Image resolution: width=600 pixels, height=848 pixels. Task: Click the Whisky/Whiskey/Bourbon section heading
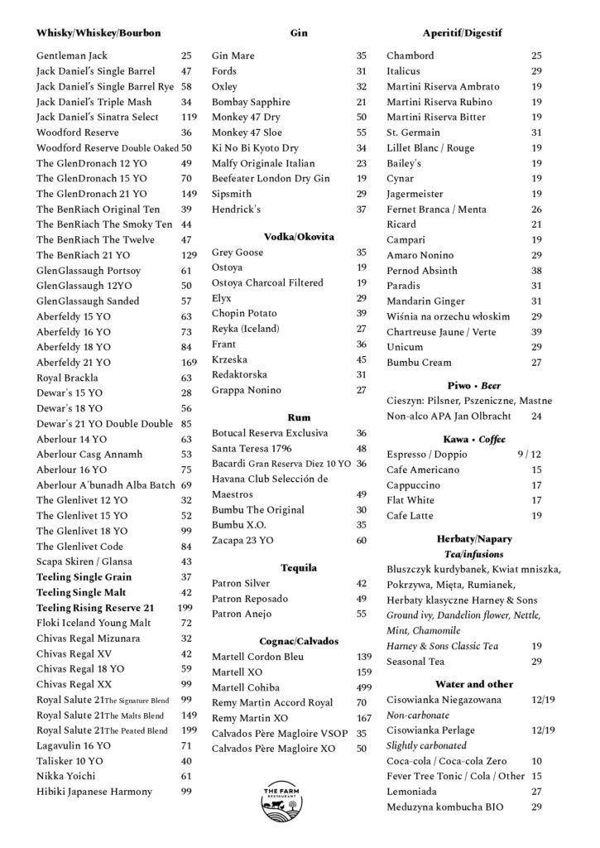point(98,33)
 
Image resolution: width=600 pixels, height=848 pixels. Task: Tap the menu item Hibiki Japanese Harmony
point(94,792)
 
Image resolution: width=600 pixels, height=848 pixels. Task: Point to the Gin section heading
point(299,33)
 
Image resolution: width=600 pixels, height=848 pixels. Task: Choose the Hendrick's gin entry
point(236,210)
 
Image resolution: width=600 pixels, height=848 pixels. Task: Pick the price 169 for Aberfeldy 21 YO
point(189,363)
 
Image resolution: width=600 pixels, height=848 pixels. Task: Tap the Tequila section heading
point(299,568)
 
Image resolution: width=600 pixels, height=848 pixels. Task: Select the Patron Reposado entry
point(247,599)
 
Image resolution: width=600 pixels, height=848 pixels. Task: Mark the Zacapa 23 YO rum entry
point(242,541)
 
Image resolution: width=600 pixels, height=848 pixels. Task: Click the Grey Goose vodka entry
point(238,252)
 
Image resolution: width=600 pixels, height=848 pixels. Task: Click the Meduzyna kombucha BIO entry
point(441,807)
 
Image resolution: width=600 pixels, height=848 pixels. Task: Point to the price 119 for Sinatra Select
point(189,118)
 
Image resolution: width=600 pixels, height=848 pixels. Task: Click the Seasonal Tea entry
point(415,662)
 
